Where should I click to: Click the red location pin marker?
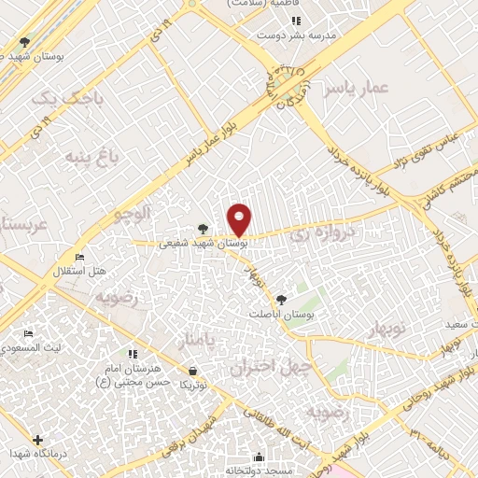[x=240, y=219]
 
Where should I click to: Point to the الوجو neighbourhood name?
[x=132, y=213]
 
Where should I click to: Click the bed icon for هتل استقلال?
[x=79, y=257]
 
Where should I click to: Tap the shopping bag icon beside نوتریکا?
[x=192, y=371]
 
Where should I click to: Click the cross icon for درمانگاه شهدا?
[x=37, y=440]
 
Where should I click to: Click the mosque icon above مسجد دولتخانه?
[x=259, y=457]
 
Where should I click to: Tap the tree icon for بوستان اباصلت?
[x=281, y=299]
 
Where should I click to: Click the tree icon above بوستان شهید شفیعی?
[x=203, y=228]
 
